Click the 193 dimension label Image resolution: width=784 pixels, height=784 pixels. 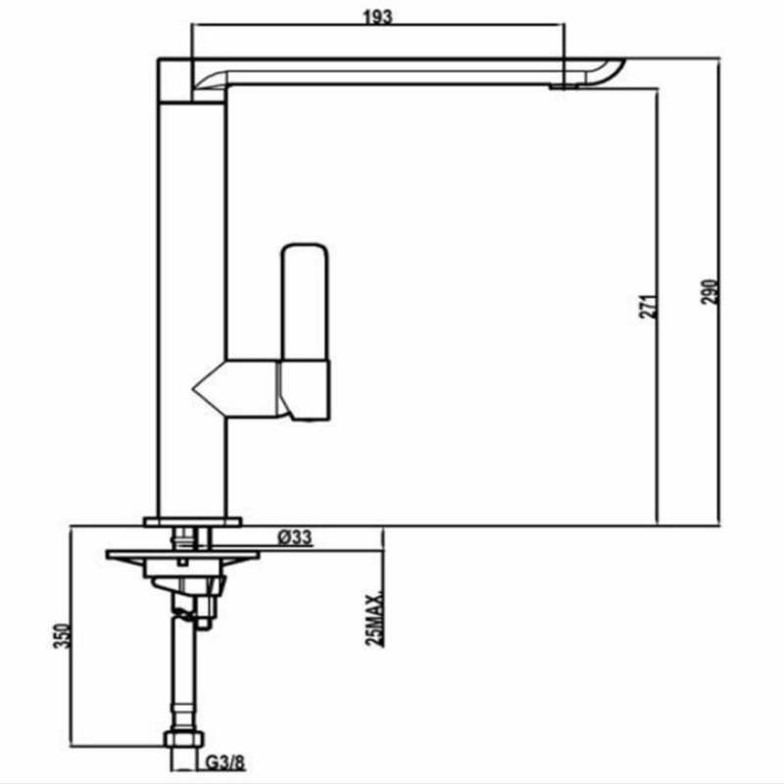tap(377, 18)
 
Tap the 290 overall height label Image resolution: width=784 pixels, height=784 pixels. tap(712, 291)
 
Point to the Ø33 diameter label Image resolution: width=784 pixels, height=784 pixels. tap(295, 537)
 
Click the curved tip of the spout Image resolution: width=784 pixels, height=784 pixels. tap(608, 71)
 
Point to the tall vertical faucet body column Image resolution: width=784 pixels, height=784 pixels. tap(191, 294)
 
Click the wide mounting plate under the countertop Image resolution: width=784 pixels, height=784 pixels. tap(182, 556)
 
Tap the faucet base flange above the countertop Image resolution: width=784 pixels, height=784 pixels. tap(193, 521)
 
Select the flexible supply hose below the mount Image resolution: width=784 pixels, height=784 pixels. tap(184, 676)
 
